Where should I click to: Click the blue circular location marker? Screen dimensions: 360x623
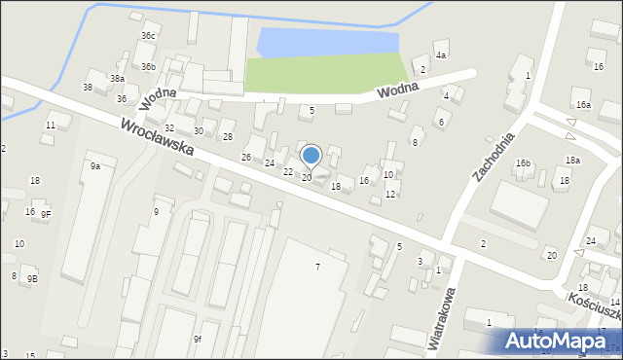(311, 155)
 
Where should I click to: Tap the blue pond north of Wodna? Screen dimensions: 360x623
(326, 42)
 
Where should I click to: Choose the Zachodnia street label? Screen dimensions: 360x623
(493, 157)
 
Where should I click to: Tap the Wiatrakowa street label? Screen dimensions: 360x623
(443, 317)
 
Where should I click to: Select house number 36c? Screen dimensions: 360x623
(148, 36)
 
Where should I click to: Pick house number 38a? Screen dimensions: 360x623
(117, 79)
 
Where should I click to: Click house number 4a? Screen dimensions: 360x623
(441, 55)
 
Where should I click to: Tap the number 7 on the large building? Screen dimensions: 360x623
(316, 267)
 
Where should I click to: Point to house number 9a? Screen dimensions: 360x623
(95, 166)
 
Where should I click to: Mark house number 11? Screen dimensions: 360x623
(50, 126)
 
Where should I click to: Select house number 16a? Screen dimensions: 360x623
(583, 104)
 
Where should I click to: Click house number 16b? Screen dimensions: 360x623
(524, 163)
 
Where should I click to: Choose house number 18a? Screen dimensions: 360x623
(572, 160)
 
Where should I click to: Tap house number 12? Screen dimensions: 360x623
(390, 194)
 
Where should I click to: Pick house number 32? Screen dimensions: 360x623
(169, 128)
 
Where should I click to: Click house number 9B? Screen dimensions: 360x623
(32, 279)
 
